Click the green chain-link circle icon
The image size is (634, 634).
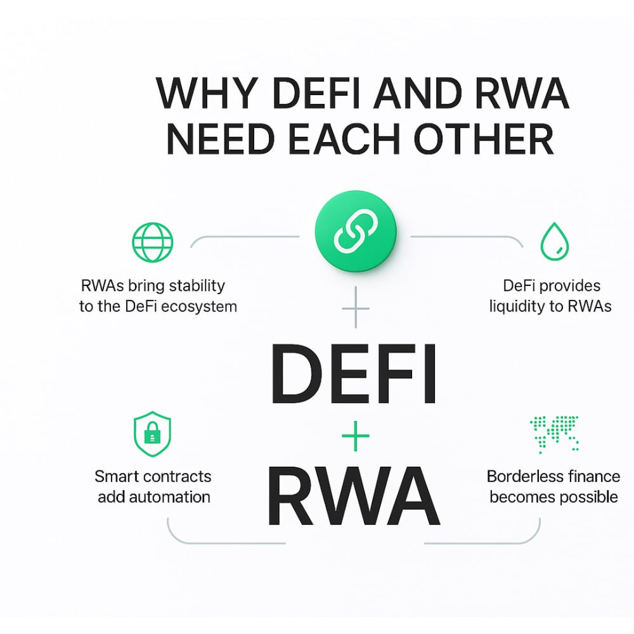(x=355, y=234)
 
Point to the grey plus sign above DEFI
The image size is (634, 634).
(x=354, y=308)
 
